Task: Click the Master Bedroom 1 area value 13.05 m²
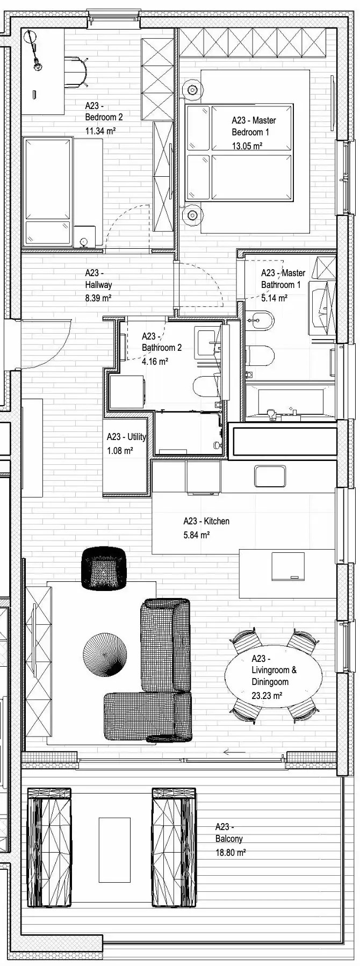pyautogui.click(x=247, y=146)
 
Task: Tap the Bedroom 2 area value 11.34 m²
pyautogui.click(x=101, y=130)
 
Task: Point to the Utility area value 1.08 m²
pyautogui.click(x=120, y=451)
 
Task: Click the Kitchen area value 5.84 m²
pyautogui.click(x=196, y=535)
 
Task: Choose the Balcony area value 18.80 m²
pyautogui.click(x=231, y=852)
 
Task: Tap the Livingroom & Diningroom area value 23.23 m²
pyautogui.click(x=267, y=695)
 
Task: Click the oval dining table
pyautogui.click(x=273, y=676)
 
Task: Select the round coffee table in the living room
pyautogui.click(x=105, y=655)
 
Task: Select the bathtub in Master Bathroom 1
pyautogui.click(x=290, y=402)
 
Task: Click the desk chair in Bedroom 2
pyautogui.click(x=76, y=72)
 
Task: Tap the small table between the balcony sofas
pyautogui.click(x=114, y=850)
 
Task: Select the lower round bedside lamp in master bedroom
pyautogui.click(x=191, y=215)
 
